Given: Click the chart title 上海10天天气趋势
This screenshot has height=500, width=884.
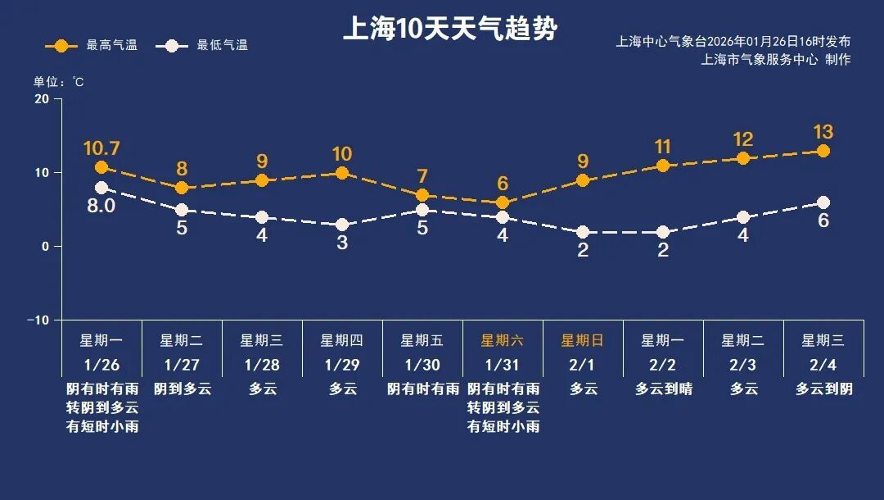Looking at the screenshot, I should click(449, 30).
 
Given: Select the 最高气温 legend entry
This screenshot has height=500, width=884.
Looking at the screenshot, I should click(92, 45).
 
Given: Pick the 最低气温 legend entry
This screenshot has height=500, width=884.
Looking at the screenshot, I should click(206, 45).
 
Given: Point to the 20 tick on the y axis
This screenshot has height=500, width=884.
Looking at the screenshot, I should click(41, 99).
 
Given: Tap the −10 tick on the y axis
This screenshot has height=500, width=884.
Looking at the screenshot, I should click(38, 320).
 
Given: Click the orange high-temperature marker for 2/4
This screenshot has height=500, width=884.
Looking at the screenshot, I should click(823, 151).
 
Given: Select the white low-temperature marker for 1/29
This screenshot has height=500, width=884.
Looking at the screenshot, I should click(342, 225).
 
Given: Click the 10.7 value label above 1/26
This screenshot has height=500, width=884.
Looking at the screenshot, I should click(101, 148).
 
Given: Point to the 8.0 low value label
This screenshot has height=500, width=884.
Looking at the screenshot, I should click(101, 206).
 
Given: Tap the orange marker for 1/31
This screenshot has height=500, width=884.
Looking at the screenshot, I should click(503, 202).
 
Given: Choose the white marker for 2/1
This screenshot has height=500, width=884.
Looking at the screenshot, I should click(583, 232).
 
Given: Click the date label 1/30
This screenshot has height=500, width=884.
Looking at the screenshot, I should click(422, 364).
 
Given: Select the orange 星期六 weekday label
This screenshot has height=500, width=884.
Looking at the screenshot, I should click(503, 341).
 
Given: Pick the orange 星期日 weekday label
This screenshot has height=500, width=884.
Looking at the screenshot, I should click(583, 341).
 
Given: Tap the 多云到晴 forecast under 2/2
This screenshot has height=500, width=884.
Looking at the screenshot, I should click(663, 389).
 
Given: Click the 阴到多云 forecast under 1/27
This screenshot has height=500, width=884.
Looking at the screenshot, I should click(182, 389).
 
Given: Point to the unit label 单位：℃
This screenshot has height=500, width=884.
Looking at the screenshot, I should click(58, 82).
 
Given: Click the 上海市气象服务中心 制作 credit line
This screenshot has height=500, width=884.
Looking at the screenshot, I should click(775, 60).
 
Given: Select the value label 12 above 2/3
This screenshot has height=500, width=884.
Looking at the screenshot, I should click(743, 139).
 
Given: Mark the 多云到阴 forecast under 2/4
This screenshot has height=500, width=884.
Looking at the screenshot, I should click(823, 389).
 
